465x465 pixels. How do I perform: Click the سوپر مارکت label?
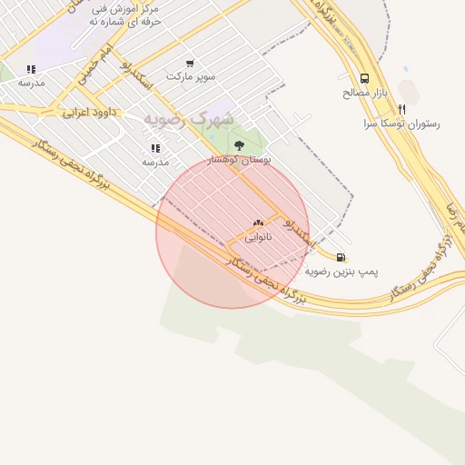(190, 77)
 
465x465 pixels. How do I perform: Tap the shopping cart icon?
(190, 64)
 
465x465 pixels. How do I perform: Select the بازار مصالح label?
(365, 93)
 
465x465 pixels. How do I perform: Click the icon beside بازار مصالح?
(365, 78)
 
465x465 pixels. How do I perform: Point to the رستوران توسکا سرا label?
(401, 123)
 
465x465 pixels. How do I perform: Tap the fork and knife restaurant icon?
(401, 108)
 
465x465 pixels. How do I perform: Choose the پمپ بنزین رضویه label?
(341, 271)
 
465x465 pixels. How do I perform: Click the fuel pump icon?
(341, 257)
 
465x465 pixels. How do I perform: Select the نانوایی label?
(258, 236)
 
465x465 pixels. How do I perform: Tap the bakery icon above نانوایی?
(258, 222)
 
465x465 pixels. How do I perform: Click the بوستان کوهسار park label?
(239, 159)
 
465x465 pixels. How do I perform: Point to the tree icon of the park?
(239, 145)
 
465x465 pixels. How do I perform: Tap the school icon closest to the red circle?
(155, 148)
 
